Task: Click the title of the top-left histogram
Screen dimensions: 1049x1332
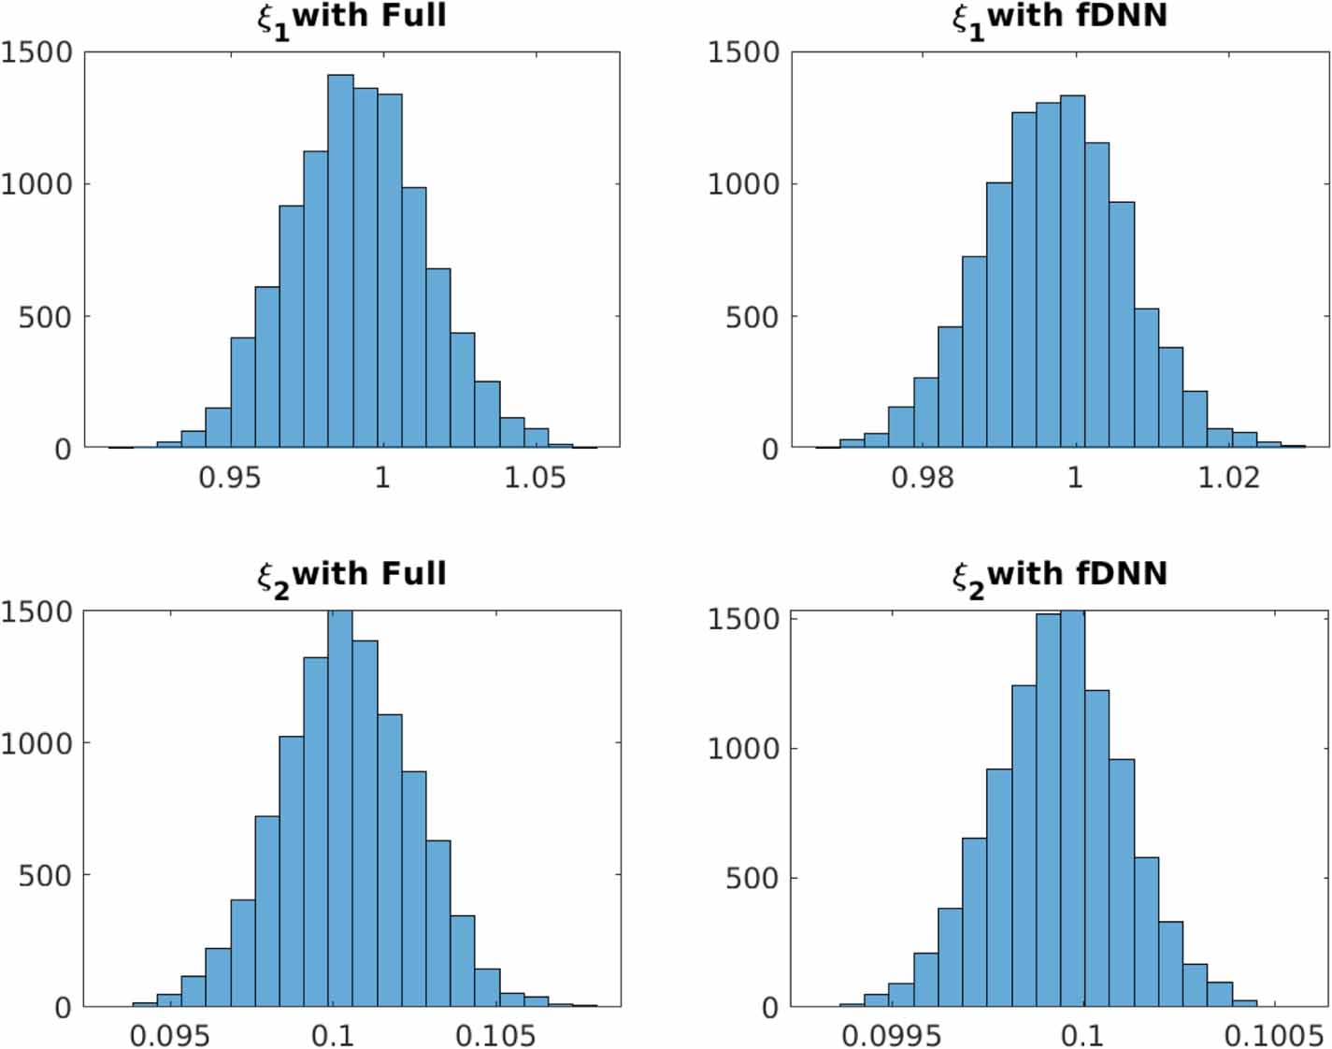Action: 352,18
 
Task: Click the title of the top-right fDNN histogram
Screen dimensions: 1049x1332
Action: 1060,18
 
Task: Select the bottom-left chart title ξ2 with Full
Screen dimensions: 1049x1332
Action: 352,575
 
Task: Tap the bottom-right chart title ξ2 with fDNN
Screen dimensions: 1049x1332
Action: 1060,575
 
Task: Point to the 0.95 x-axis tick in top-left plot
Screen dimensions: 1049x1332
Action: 230,478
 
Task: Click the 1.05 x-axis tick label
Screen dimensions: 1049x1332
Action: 535,478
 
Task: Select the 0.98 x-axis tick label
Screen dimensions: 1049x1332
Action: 922,478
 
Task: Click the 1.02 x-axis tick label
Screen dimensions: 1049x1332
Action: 1228,478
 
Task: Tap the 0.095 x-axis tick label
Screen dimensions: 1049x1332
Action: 169,1036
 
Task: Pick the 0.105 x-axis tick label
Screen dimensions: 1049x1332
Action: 495,1036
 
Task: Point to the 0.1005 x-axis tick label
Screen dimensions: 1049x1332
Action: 1273,1036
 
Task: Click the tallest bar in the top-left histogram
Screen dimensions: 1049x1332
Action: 340,262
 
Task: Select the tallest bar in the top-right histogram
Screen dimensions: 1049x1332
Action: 1072,271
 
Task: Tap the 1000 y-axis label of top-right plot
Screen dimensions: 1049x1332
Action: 743,184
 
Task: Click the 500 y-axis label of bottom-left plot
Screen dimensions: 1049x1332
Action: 45,876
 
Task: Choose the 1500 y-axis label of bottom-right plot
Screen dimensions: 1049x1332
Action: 743,619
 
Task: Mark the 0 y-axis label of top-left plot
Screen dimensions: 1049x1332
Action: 63,450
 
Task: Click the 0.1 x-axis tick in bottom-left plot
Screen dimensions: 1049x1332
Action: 333,1036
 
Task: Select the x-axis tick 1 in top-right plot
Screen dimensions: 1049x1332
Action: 1075,478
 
